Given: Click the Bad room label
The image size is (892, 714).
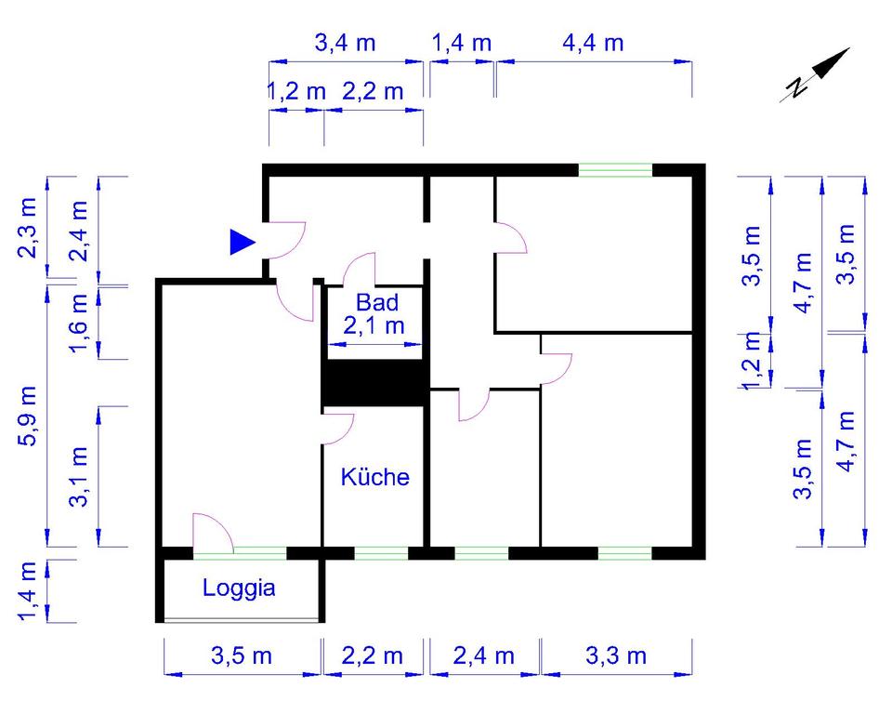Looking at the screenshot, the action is pos(377,302).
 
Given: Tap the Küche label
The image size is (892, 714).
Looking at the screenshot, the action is pos(374,477).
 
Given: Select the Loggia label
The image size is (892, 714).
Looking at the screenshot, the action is pos(239,588).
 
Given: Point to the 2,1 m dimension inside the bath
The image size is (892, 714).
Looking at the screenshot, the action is pos(374,326).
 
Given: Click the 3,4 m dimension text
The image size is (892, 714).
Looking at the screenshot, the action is pos(346,44).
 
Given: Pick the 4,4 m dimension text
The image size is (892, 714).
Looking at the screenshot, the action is pos(594,44).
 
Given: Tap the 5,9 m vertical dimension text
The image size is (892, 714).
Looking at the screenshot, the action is pos(28,416).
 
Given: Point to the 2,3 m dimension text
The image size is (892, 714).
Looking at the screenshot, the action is pos(28,228).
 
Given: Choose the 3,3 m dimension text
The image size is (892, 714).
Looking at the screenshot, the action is pos(616,656).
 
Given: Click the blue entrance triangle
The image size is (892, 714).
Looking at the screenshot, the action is pos(243,243).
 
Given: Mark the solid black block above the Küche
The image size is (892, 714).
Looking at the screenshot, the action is pos(374,383).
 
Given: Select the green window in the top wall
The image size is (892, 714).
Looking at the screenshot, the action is pos(615,170).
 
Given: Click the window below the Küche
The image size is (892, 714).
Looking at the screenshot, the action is pos(381,553).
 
